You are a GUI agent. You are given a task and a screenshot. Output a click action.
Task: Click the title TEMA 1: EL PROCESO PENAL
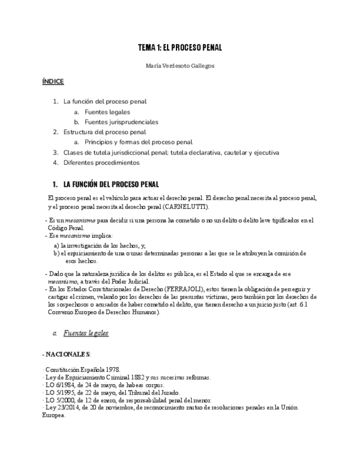click(x=180, y=48)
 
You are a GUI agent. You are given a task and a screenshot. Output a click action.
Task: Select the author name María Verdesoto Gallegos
click(x=180, y=65)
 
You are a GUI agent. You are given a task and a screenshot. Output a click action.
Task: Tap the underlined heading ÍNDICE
click(x=53, y=81)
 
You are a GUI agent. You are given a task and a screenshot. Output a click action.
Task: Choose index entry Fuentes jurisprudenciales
click(x=121, y=122)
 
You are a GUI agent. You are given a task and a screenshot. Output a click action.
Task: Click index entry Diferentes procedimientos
click(x=101, y=163)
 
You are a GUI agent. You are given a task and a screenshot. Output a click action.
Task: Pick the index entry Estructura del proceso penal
click(x=104, y=132)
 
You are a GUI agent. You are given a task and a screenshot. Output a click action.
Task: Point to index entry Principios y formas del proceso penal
click(x=139, y=142)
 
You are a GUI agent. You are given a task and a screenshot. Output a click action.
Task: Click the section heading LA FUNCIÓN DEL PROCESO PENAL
click(x=111, y=184)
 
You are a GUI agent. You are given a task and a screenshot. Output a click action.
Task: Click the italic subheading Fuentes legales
click(x=86, y=333)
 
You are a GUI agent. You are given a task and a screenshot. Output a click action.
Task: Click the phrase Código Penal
click(x=66, y=228)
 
